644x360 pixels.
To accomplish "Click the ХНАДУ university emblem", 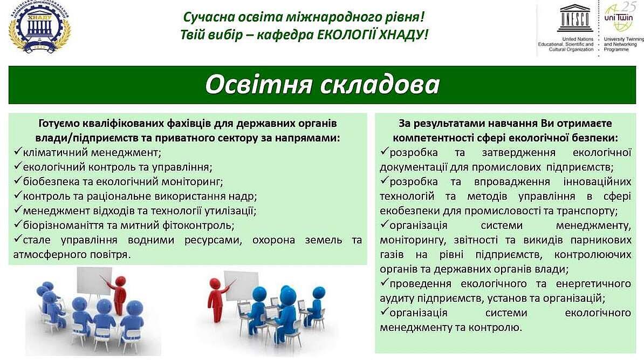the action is click(x=39, y=27).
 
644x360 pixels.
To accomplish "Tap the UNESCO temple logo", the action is click(x=575, y=18).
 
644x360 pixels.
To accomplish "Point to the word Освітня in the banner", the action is click(x=258, y=84).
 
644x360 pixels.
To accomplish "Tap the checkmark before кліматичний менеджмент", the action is click(x=17, y=152).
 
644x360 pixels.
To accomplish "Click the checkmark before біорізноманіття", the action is click(x=17, y=225).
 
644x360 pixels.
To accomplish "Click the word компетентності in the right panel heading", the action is click(x=438, y=138).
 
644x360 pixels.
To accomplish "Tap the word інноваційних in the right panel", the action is click(x=597, y=182).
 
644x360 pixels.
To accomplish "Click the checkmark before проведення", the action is click(x=384, y=283).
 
